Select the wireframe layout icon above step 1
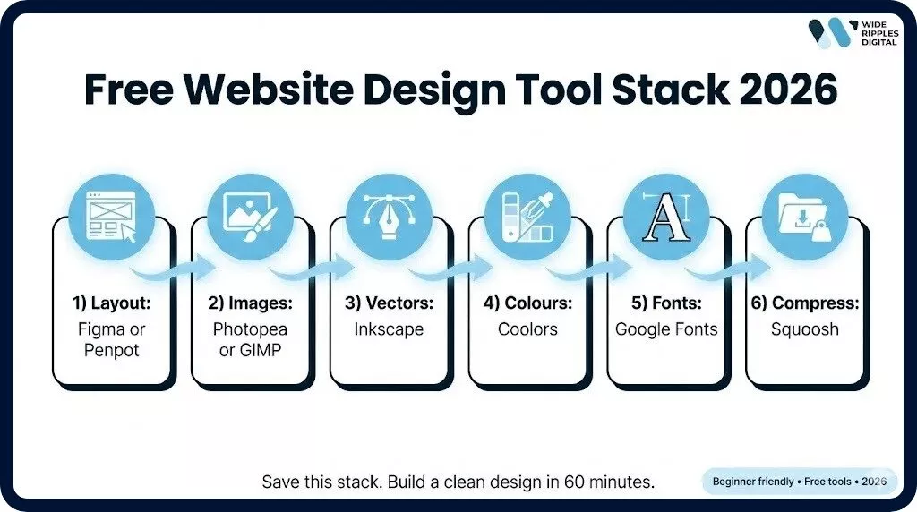click(x=112, y=216)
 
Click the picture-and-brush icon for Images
click(x=250, y=216)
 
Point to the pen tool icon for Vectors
click(x=389, y=216)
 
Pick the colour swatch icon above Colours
click(x=527, y=216)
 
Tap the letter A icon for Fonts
click(x=666, y=216)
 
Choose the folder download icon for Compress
click(x=805, y=216)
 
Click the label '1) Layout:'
click(x=113, y=303)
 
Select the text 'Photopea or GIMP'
click(x=251, y=339)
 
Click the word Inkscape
click(x=389, y=329)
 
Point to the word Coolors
click(x=527, y=329)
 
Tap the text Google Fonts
click(x=666, y=329)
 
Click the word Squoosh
click(x=805, y=329)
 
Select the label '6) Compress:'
click(x=805, y=303)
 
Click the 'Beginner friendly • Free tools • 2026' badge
click(x=799, y=482)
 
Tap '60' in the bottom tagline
click(x=575, y=482)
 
